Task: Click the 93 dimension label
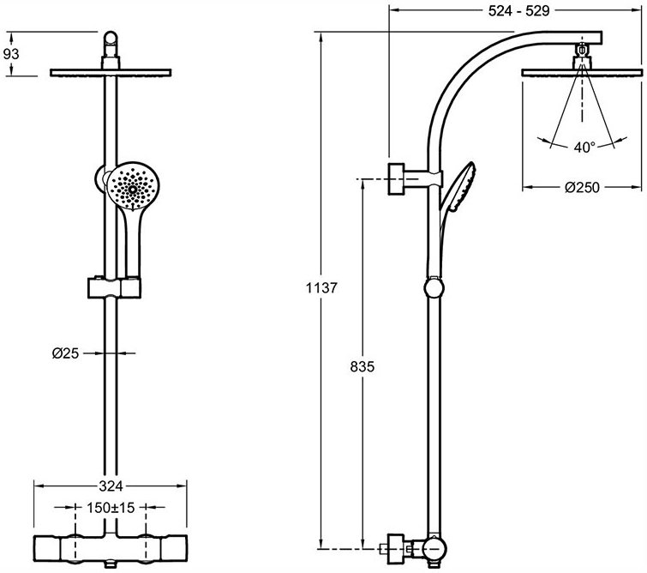coord(11,54)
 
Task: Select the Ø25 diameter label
coord(65,353)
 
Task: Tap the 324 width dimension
coord(111,486)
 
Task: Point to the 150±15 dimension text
coord(111,507)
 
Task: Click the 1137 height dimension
coord(321,287)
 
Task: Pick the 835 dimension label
coord(362,366)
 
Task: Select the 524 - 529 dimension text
coord(518,11)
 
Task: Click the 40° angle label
coord(584,147)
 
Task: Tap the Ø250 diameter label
coord(582,188)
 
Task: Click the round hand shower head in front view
coord(133,184)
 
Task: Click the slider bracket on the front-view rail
coord(114,287)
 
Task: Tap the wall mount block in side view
coord(397,179)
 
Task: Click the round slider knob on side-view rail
coord(434,286)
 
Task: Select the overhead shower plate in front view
coord(111,73)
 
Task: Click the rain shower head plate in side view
coord(582,73)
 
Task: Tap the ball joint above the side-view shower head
coord(582,50)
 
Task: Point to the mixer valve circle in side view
coord(434,549)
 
